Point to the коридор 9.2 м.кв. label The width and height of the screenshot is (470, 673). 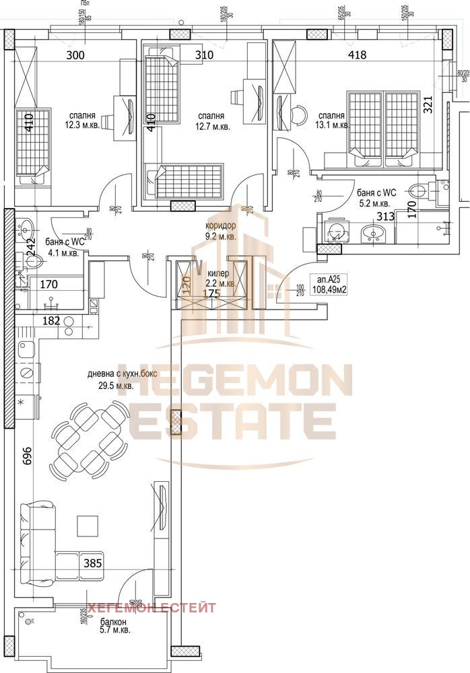(220, 232)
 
